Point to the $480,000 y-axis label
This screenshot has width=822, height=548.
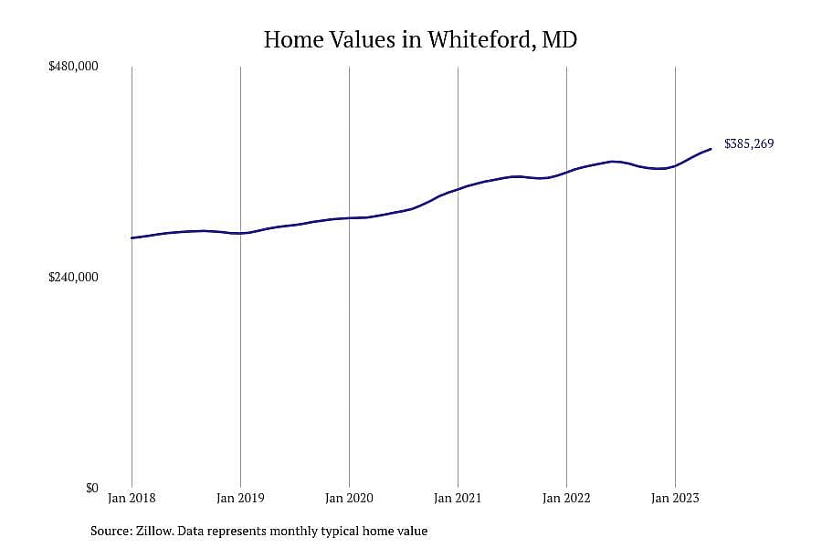tap(73, 67)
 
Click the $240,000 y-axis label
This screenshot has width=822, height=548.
tap(73, 277)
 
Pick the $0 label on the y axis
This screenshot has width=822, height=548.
tap(91, 488)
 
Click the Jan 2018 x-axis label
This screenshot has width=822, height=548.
tap(132, 498)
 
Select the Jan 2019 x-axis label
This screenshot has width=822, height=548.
tap(240, 498)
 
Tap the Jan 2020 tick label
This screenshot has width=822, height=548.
tap(349, 498)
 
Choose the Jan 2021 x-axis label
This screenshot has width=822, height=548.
tap(458, 498)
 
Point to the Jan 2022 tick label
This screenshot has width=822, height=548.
tap(566, 498)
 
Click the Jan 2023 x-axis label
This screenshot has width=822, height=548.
tap(675, 498)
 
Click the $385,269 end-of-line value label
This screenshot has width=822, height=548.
tap(749, 143)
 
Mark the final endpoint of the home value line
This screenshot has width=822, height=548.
tap(711, 149)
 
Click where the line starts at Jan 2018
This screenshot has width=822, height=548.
tap(132, 238)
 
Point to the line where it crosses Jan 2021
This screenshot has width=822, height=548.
tap(458, 189)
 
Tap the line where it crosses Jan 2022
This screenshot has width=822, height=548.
tap(566, 173)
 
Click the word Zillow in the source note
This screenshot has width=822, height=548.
tap(154, 532)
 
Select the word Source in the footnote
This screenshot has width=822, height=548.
tap(111, 532)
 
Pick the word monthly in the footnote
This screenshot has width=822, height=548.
tap(293, 532)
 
